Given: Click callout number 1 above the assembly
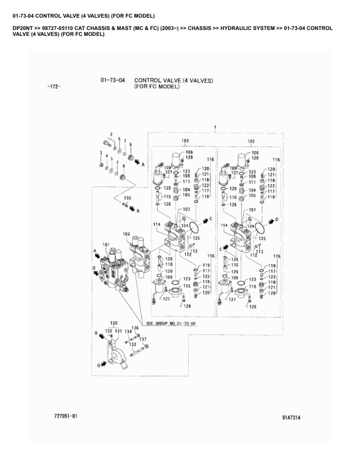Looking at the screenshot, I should [215, 127].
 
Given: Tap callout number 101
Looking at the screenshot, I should [106, 244].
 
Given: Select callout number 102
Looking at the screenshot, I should [126, 234].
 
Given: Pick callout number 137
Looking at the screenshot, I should [142, 339].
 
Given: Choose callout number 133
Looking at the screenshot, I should [132, 344].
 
